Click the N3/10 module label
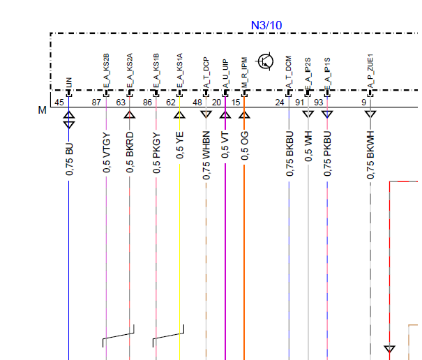[266, 25]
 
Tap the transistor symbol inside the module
[266, 61]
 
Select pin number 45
[59, 103]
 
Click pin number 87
[97, 103]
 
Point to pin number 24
[279, 103]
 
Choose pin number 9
[363, 103]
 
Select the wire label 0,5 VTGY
[107, 152]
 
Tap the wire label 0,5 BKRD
[130, 152]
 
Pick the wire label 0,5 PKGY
[156, 152]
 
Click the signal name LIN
[69, 82]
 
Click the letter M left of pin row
[43, 110]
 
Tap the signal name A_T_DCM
[289, 73]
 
